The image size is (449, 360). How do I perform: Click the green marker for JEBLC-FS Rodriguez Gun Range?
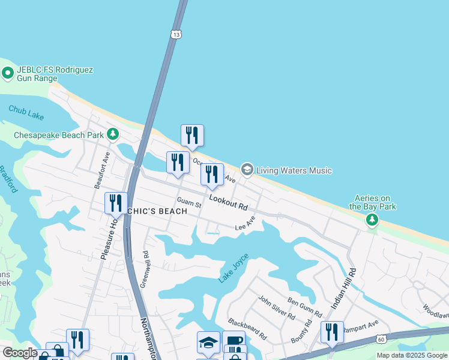pos(8,73)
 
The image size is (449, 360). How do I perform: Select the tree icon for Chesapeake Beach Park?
pos(112,133)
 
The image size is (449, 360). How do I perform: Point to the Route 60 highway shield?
pos(382,340)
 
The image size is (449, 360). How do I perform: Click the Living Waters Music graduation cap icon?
pos(247,170)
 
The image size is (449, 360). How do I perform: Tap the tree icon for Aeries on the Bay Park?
pos(373,220)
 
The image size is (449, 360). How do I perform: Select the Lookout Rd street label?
pos(228,202)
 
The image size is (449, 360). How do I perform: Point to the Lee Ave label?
pos(245,224)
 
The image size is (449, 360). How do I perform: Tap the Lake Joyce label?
pos(234,268)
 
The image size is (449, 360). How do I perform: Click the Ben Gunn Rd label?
pos(305,305)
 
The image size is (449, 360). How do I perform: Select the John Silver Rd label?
pos(277,307)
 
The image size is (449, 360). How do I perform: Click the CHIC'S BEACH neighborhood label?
pos(157,211)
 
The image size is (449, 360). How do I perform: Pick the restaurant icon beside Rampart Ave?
pos(332,332)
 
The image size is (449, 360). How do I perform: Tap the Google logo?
pos(20,353)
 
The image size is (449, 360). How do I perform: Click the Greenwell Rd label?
pos(145,270)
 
